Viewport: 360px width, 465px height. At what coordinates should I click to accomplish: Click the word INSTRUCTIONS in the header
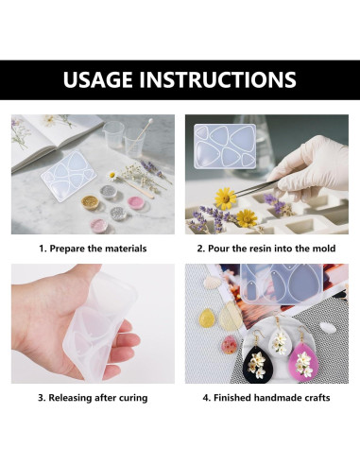223,79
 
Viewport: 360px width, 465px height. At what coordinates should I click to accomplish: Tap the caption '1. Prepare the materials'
92,249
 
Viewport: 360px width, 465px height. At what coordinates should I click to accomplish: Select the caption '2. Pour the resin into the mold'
266,249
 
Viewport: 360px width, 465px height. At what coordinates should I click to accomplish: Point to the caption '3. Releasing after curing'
92,398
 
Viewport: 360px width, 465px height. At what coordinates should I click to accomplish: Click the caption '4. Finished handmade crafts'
266,398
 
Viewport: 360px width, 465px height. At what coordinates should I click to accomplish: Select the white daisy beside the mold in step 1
111,174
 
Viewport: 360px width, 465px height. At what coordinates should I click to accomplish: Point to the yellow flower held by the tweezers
225,198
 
